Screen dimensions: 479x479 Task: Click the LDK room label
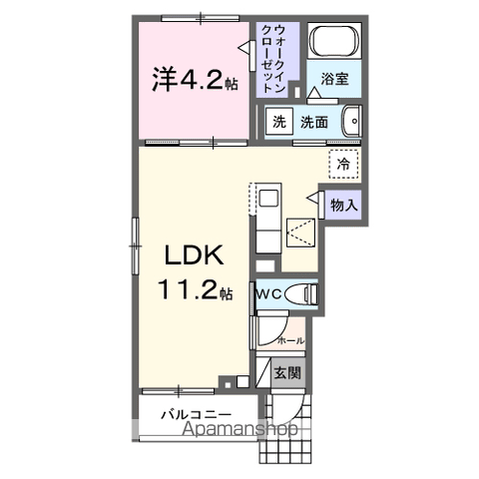[194, 255]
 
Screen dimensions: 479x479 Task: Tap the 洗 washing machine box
[278, 122]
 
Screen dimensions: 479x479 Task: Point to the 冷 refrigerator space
[342, 164]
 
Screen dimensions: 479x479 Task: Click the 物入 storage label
[343, 205]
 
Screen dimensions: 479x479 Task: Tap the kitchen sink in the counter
[268, 198]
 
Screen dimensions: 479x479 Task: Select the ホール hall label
[289, 340]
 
